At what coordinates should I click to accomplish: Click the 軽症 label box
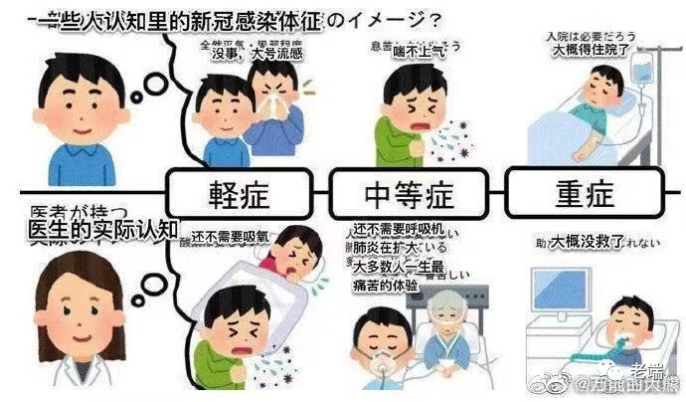[240, 193]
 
